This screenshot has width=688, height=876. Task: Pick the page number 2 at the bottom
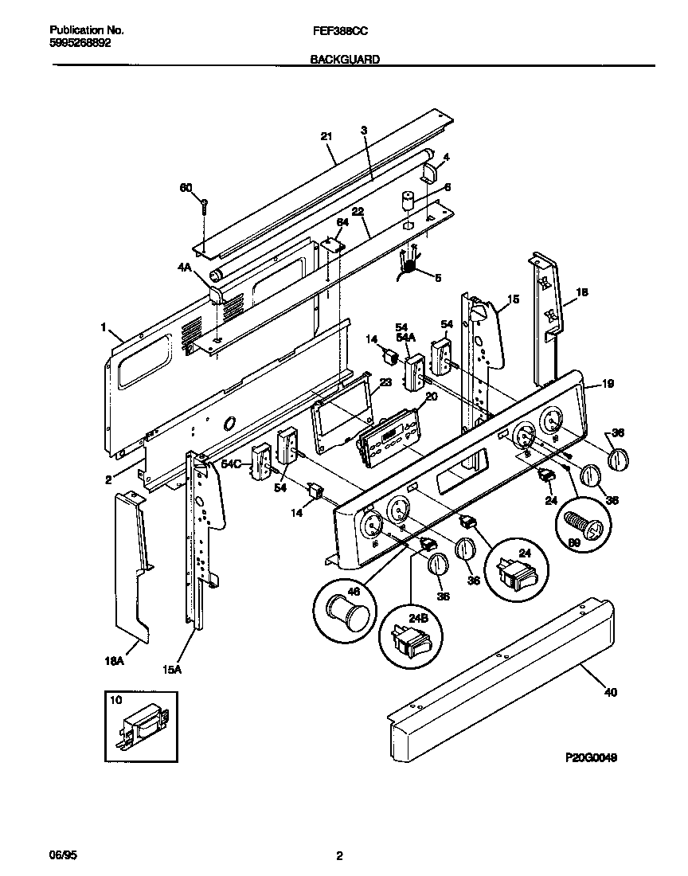[339, 857]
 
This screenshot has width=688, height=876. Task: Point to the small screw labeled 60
[204, 205]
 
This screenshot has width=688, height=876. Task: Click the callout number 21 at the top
[325, 136]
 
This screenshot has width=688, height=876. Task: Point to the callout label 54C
[232, 463]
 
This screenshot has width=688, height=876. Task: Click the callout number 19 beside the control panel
[608, 384]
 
